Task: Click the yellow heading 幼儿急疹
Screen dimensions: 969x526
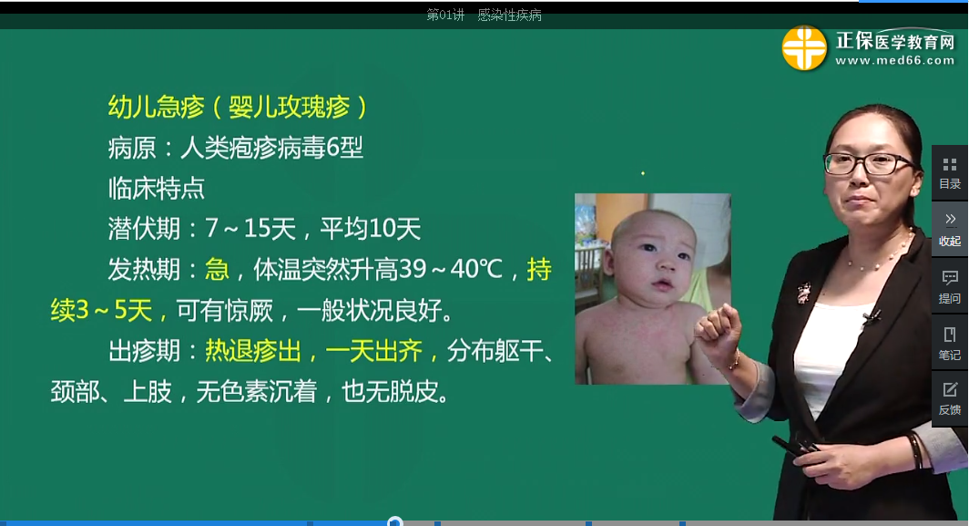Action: coord(156,107)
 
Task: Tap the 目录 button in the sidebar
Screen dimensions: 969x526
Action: coord(950,173)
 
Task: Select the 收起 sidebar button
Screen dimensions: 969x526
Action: coord(950,230)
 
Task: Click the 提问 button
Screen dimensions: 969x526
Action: coord(950,287)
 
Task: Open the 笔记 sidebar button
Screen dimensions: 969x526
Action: coord(950,344)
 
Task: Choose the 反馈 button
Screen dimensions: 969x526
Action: coord(950,399)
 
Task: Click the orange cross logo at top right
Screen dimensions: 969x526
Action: coord(804,47)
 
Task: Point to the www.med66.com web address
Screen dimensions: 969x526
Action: coord(895,61)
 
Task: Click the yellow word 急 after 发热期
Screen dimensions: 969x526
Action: coord(217,270)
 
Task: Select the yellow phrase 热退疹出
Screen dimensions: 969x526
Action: coord(253,351)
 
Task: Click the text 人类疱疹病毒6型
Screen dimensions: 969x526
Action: coord(271,148)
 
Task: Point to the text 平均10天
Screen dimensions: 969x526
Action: coord(370,229)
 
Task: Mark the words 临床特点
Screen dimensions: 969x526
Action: coord(156,188)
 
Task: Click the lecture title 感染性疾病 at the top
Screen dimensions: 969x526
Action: coord(509,15)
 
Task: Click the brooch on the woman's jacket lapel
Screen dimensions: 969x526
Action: coord(803,292)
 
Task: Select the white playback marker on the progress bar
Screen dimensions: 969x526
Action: coord(395,522)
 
